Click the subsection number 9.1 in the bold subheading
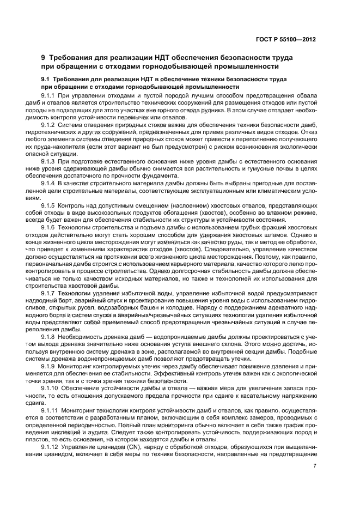coord(47,80)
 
